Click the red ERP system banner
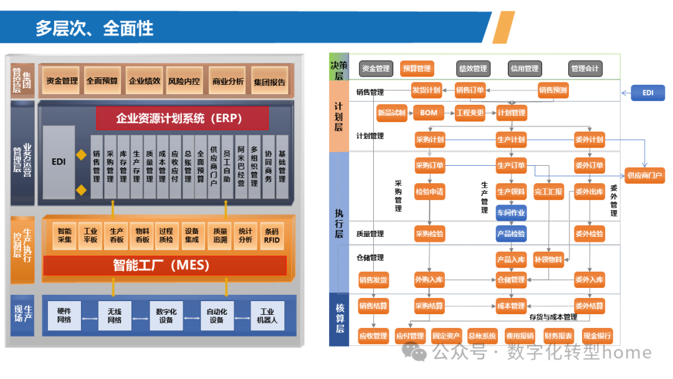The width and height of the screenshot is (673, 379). click(x=181, y=118)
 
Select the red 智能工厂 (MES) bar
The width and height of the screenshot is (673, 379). click(x=165, y=265)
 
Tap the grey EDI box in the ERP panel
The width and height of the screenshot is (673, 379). click(x=59, y=161)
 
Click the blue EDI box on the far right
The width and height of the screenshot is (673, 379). click(x=647, y=93)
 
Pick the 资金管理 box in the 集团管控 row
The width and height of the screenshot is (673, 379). click(x=62, y=80)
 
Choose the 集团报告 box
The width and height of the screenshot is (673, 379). click(x=270, y=82)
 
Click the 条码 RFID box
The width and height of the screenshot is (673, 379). click(x=272, y=235)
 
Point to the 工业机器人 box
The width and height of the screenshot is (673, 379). click(x=267, y=315)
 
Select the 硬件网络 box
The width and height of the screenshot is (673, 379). click(x=64, y=315)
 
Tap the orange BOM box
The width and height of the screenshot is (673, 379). click(x=429, y=113)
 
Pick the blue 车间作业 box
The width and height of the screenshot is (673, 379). click(x=511, y=212)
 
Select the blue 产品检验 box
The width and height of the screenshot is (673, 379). click(x=511, y=234)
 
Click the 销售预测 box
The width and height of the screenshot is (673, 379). click(x=553, y=90)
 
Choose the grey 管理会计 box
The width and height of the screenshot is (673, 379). click(x=585, y=69)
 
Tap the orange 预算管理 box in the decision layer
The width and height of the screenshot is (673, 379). click(x=416, y=69)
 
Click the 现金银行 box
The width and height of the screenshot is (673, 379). click(x=596, y=336)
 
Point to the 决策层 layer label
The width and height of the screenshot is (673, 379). click(x=339, y=68)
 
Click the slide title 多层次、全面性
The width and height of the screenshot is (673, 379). click(x=94, y=28)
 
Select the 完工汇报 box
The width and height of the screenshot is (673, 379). click(x=548, y=192)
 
